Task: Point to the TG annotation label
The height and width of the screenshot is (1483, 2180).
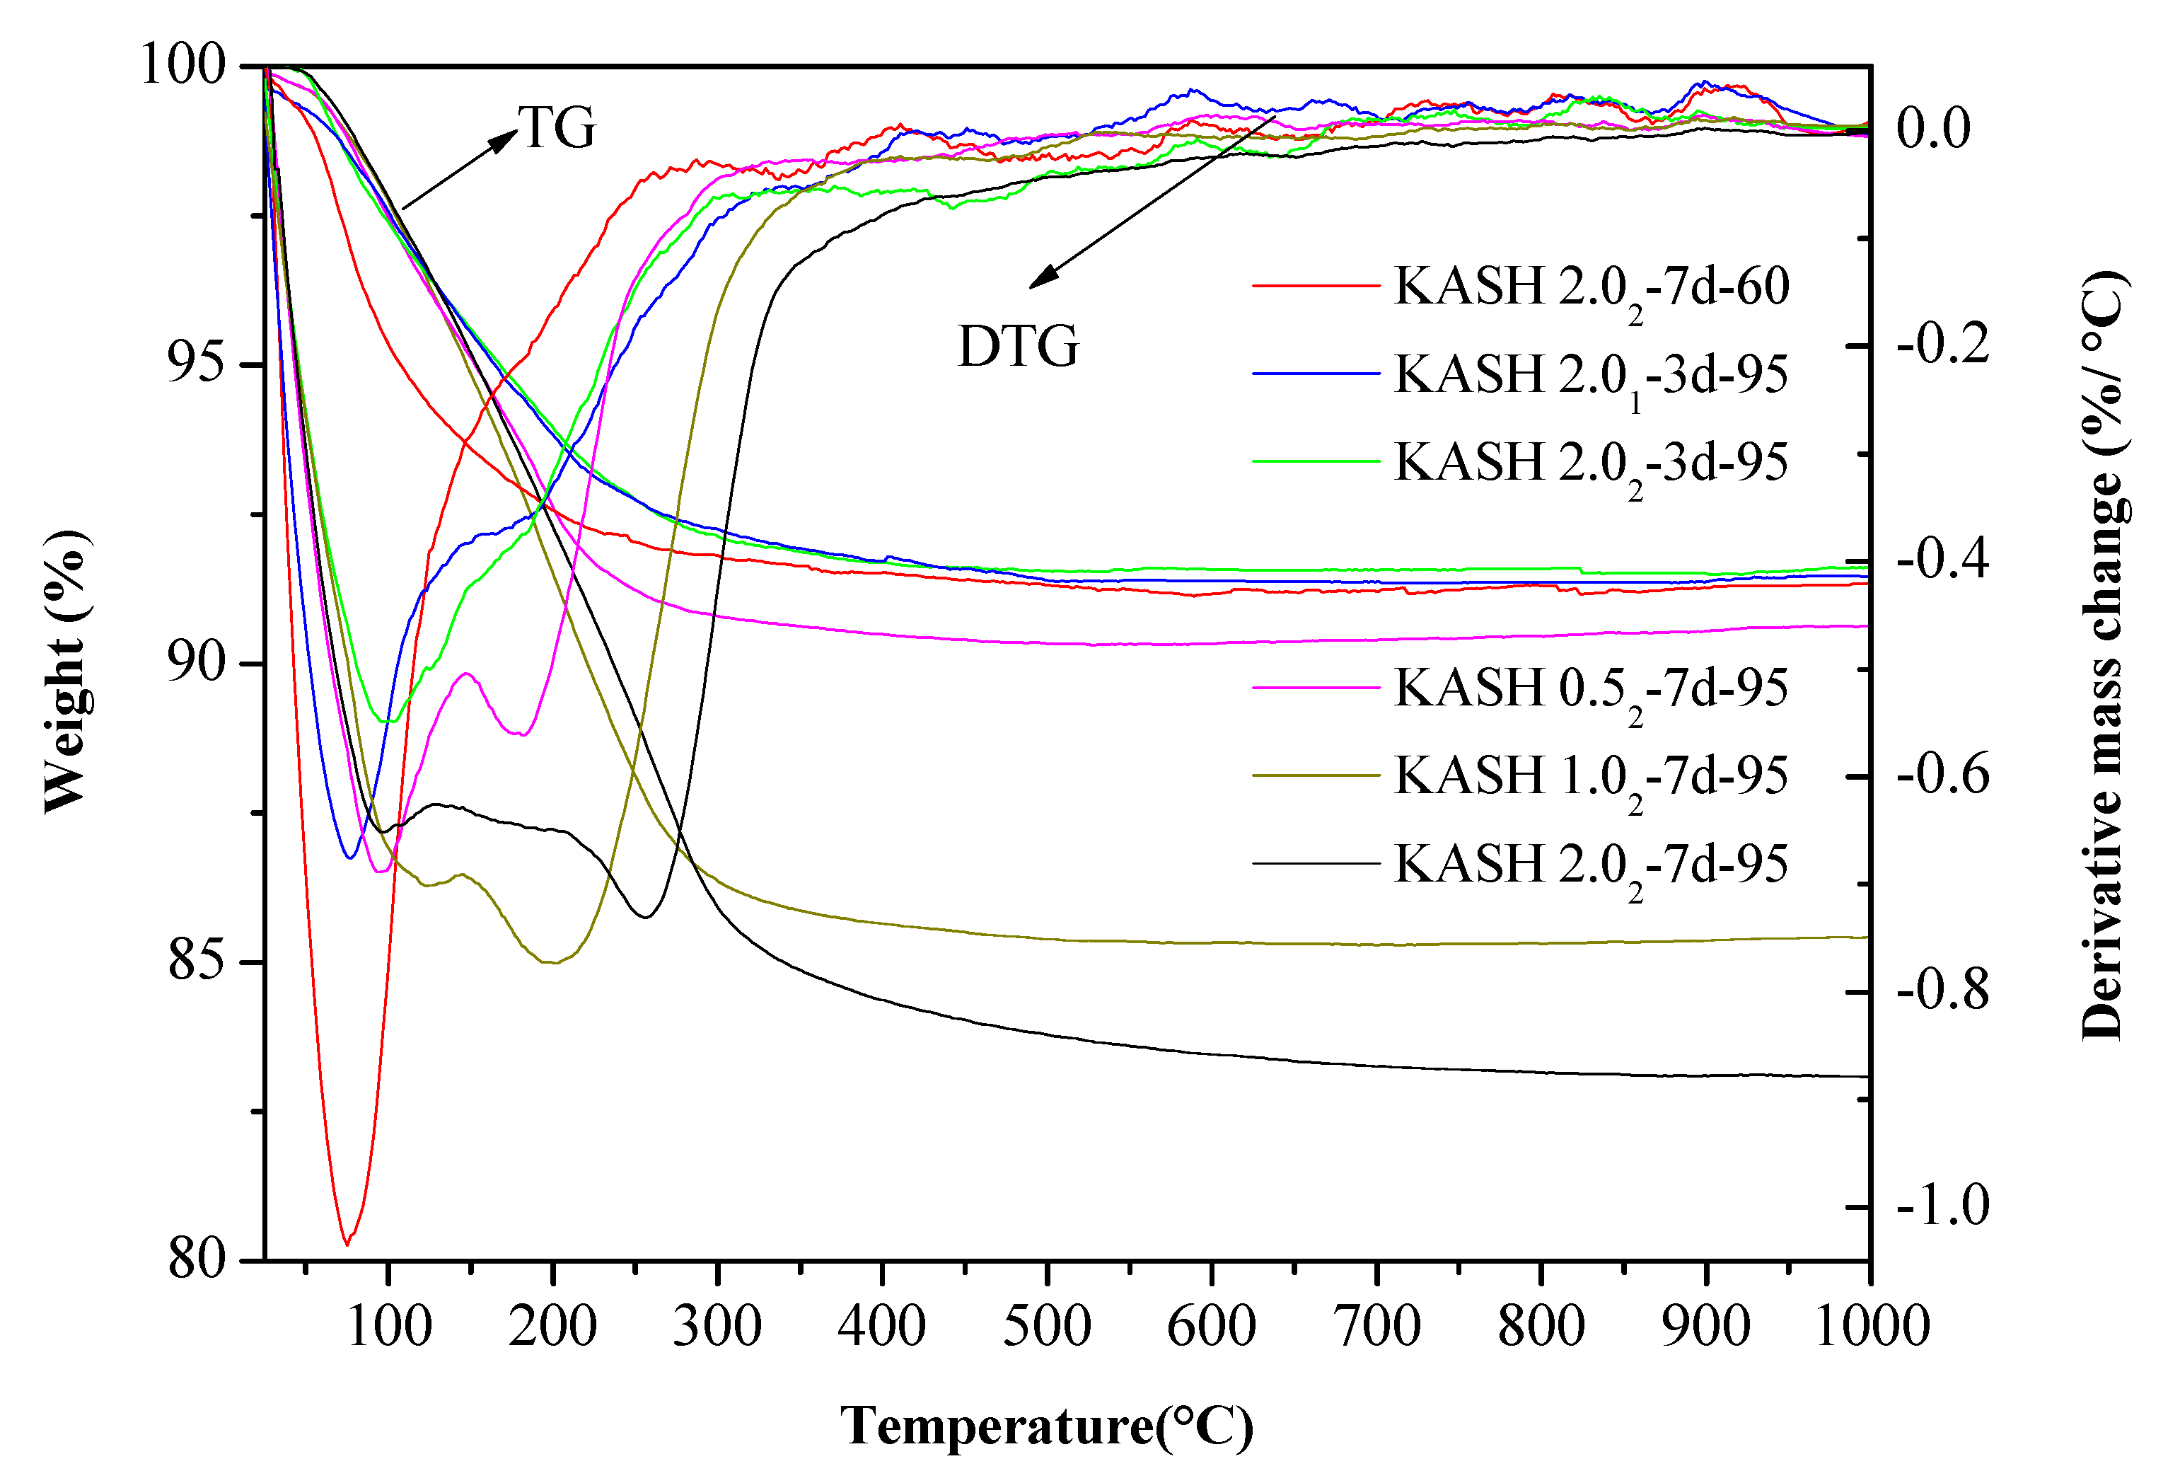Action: pos(557,127)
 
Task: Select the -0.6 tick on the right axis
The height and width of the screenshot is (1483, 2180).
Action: pos(1942,775)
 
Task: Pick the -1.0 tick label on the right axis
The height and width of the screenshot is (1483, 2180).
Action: pos(1942,1206)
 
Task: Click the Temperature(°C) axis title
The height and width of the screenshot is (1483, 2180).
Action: pos(1046,1426)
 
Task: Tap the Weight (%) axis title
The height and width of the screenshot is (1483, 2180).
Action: pos(67,671)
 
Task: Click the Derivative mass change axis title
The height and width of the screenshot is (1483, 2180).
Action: pos(2102,657)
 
